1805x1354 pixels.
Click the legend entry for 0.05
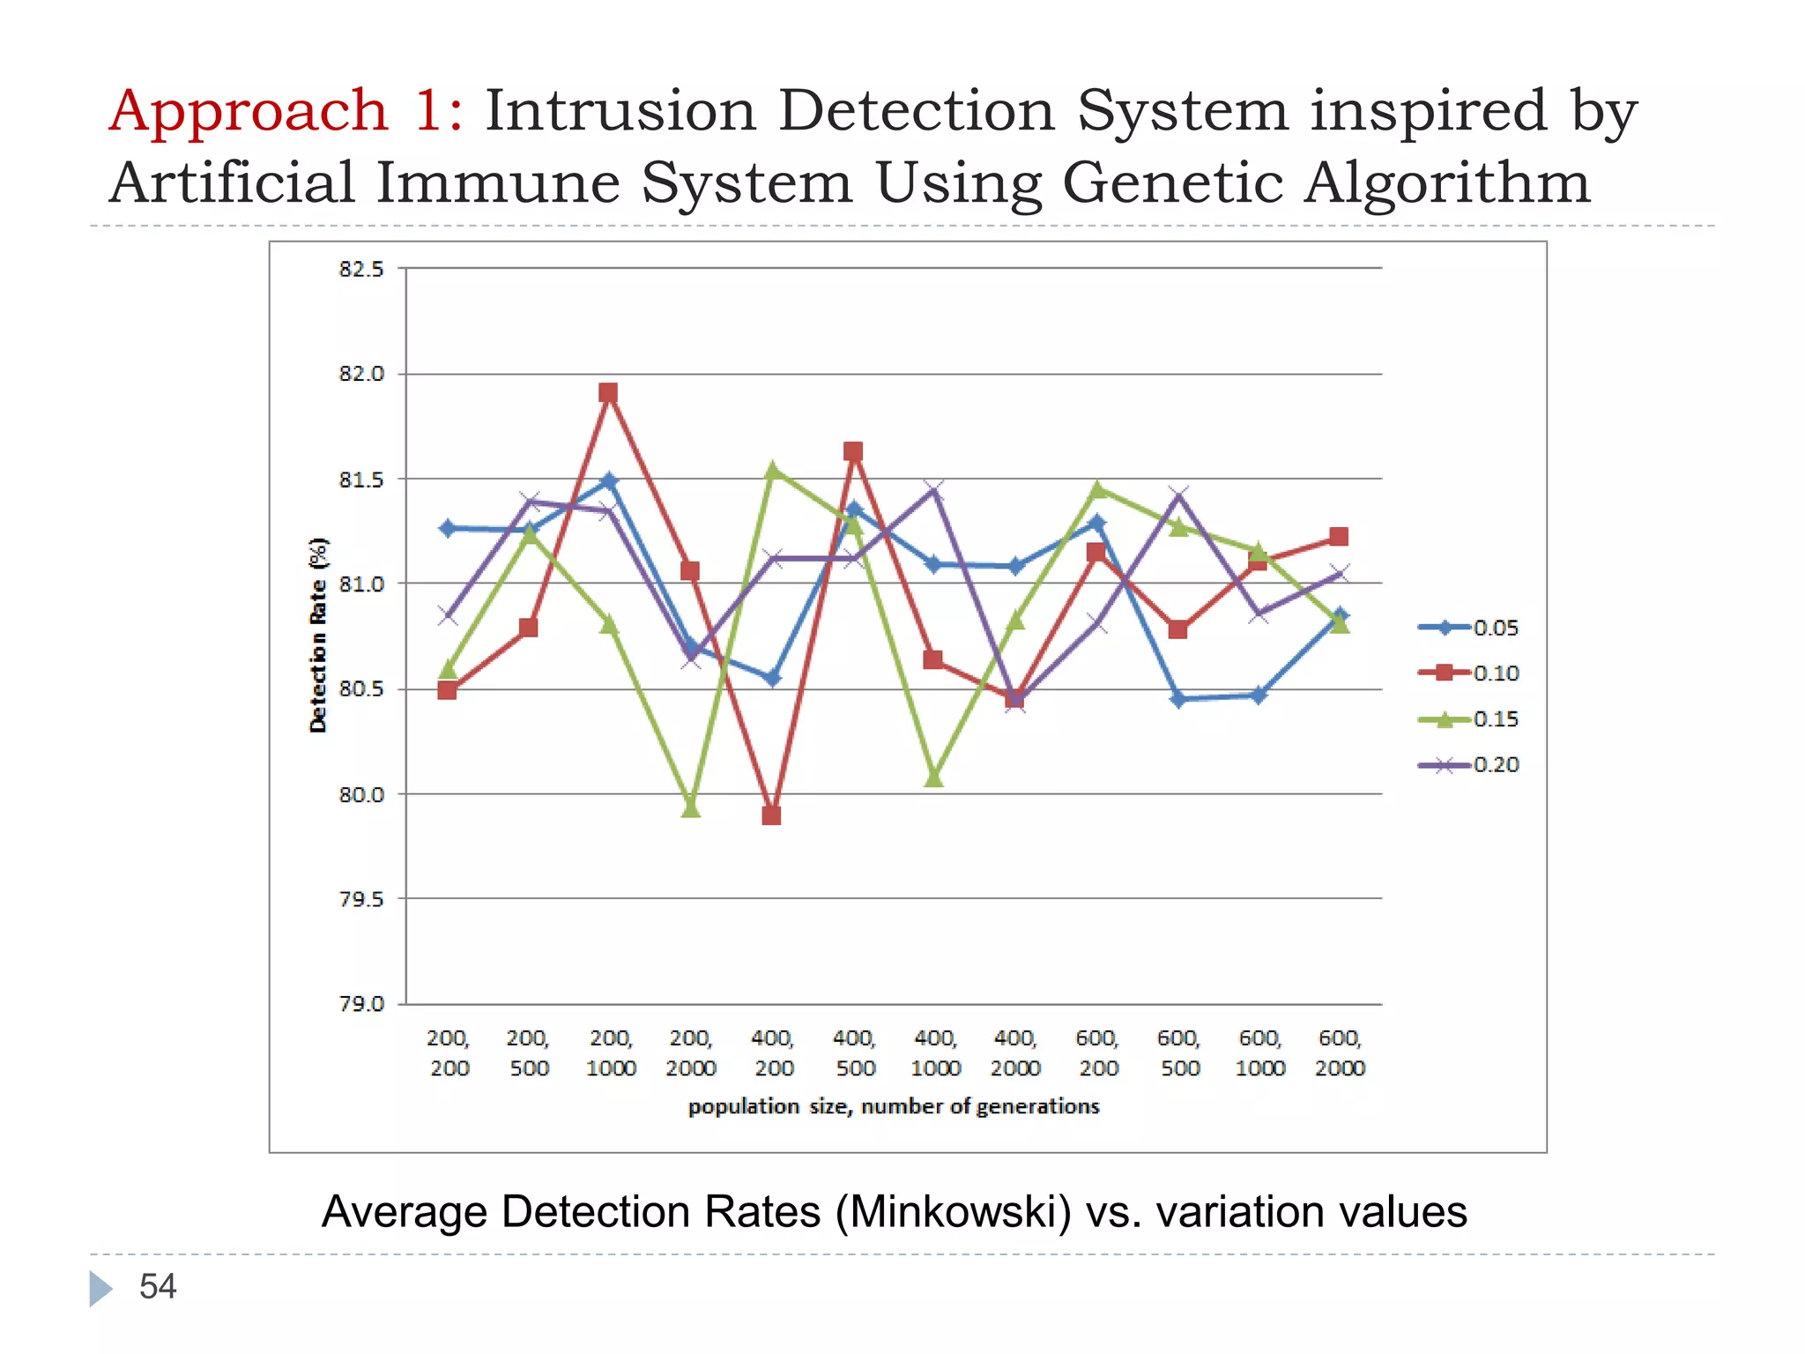point(1468,628)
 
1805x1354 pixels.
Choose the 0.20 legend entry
point(1468,764)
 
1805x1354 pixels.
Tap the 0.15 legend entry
point(1468,719)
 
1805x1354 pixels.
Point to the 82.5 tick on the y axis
point(362,269)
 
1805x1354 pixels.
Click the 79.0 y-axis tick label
point(362,1004)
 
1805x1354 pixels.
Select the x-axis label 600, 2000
point(1340,1053)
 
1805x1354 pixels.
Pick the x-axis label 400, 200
point(773,1053)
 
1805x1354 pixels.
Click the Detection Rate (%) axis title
point(318,635)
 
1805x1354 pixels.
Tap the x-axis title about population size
point(894,1106)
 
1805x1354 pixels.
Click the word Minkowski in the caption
point(954,1212)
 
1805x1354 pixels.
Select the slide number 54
point(158,1287)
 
